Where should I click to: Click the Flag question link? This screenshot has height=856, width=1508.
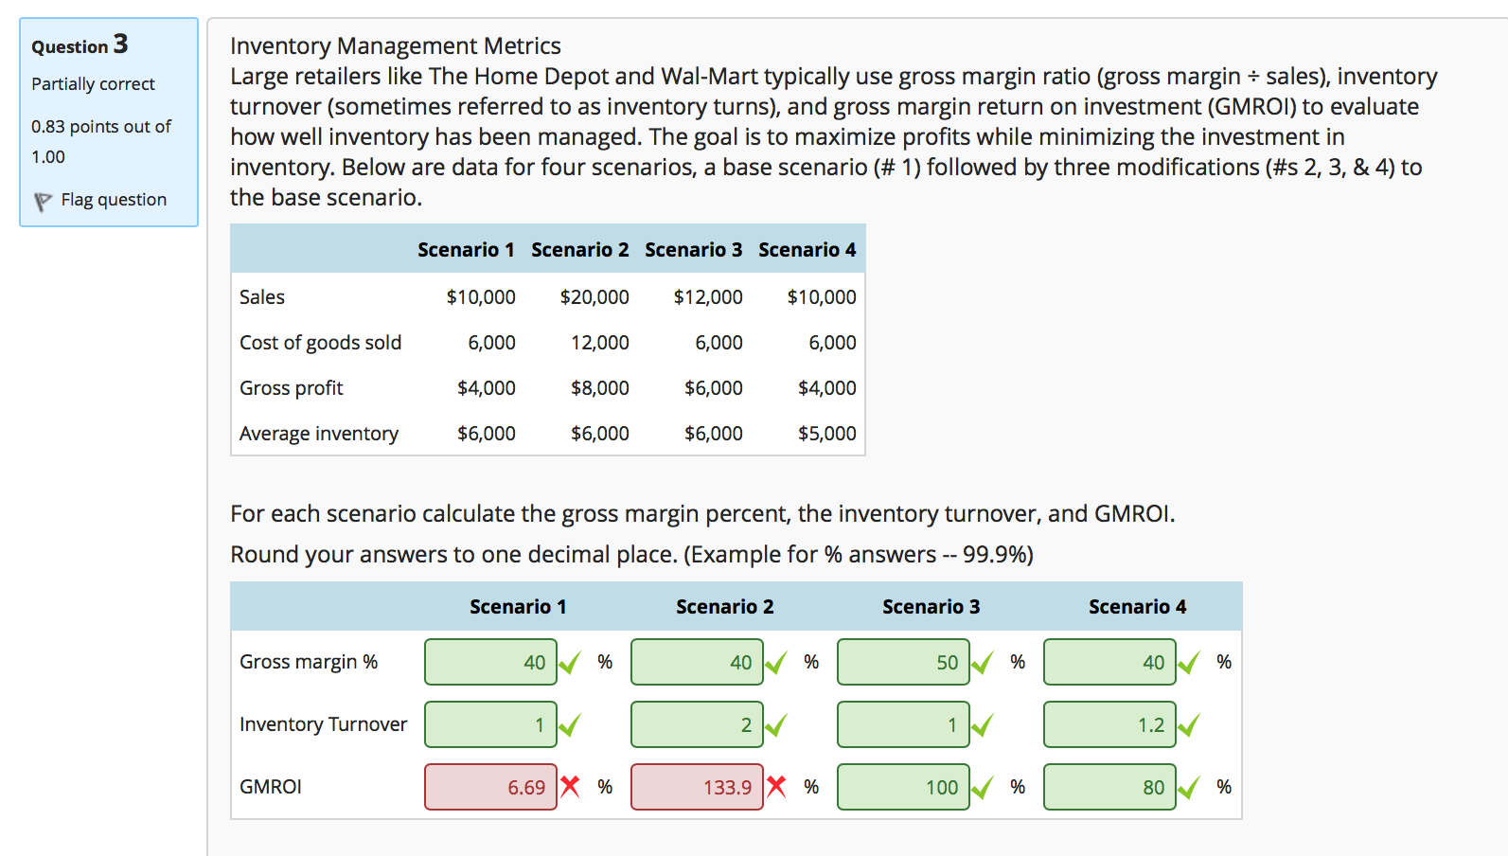(x=113, y=200)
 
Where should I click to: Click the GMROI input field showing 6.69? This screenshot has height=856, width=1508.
(x=490, y=787)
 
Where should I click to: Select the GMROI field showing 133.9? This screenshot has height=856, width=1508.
(x=697, y=787)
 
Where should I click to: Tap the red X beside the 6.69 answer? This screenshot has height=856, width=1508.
(x=570, y=786)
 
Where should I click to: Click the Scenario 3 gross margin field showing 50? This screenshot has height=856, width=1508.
(x=903, y=662)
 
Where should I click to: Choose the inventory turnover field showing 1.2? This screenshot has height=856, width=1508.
(x=1109, y=724)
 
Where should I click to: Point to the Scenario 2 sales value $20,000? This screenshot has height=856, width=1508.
(x=594, y=297)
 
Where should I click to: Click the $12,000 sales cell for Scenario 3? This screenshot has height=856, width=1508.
(x=708, y=297)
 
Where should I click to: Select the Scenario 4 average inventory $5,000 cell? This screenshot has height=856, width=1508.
(x=826, y=434)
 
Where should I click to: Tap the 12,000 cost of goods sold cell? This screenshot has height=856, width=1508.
(x=600, y=343)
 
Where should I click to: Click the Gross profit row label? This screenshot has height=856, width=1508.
(x=292, y=388)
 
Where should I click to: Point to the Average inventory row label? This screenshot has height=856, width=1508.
(x=319, y=434)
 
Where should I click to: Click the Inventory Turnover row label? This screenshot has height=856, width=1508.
(x=323, y=724)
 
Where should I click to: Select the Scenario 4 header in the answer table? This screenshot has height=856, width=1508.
(x=1137, y=607)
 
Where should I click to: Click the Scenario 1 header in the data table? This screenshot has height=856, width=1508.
(x=466, y=250)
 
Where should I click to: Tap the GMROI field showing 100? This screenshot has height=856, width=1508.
(x=903, y=787)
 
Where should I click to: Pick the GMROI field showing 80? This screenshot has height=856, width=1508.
(x=1109, y=787)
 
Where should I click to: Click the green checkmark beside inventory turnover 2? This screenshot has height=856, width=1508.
(x=776, y=725)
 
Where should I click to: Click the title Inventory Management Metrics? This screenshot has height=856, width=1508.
(x=395, y=45)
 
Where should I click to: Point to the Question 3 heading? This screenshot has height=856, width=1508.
(x=80, y=45)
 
